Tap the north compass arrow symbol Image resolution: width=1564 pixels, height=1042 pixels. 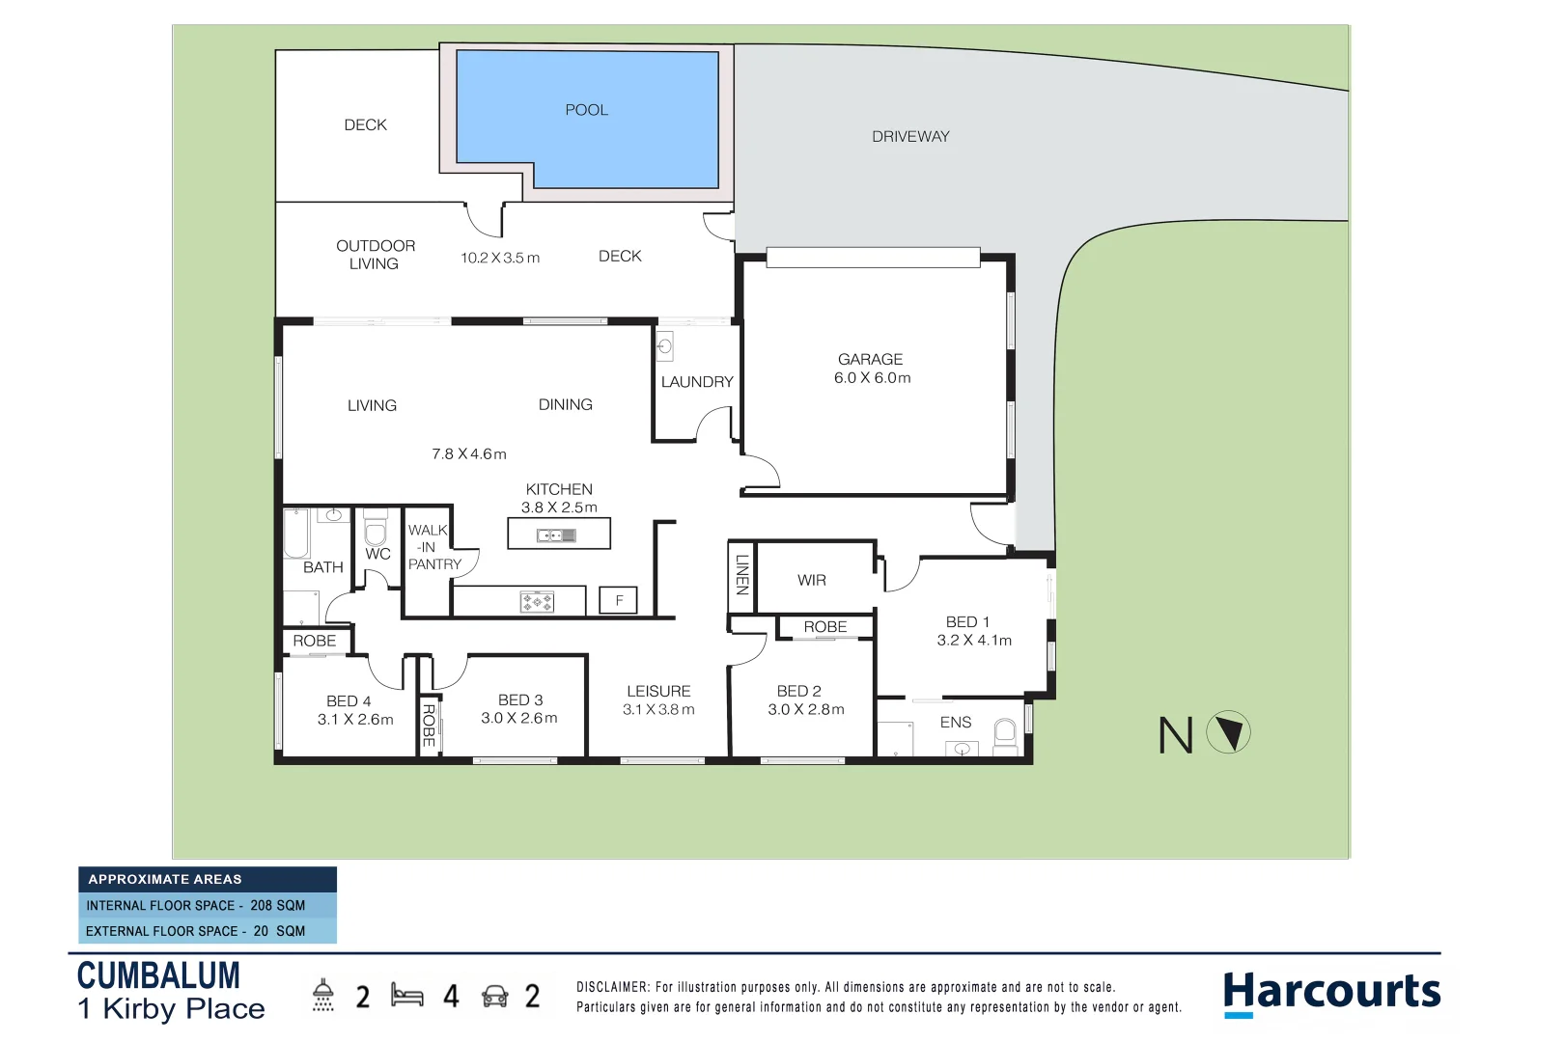[1229, 732]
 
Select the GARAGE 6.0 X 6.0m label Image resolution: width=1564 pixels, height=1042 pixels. [872, 369]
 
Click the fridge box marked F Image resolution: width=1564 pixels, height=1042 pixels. [619, 600]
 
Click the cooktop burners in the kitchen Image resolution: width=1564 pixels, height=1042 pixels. [537, 602]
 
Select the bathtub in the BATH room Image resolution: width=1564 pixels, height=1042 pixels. [295, 533]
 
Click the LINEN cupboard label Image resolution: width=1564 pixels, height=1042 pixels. [741, 575]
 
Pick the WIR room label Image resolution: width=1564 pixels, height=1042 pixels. [812, 580]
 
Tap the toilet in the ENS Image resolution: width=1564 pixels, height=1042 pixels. [1005, 733]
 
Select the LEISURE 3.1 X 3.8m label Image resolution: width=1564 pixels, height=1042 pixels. [658, 699]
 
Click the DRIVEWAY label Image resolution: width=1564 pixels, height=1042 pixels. [910, 137]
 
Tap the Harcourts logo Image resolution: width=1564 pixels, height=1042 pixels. [1331, 993]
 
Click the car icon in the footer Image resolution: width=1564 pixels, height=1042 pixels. [495, 996]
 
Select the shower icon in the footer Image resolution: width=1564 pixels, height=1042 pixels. [323, 995]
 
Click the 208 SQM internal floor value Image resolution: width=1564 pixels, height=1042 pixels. [277, 905]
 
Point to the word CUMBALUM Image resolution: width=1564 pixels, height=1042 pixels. [158, 975]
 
